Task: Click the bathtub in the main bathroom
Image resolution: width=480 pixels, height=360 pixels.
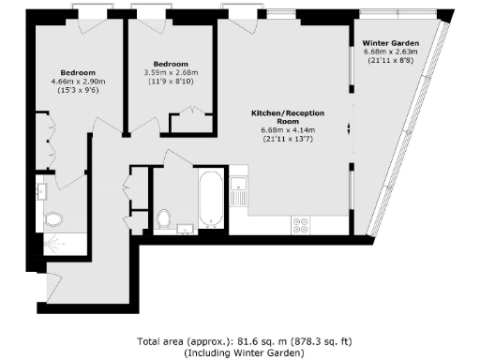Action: [x=212, y=198]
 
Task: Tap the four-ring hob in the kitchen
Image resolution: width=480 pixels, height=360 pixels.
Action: [x=302, y=224]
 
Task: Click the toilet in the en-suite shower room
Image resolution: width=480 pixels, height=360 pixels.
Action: [x=54, y=219]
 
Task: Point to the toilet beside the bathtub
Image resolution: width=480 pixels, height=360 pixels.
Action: [x=166, y=218]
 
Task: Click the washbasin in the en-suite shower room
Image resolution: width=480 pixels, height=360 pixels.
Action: [x=42, y=191]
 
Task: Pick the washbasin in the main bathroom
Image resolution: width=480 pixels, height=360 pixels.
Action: [x=185, y=228]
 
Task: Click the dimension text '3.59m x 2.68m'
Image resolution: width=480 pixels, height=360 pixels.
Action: [x=171, y=71]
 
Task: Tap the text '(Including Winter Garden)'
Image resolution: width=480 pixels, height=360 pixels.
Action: [x=239, y=352]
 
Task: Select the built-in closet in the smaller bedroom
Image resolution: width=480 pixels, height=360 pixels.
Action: [x=191, y=123]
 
